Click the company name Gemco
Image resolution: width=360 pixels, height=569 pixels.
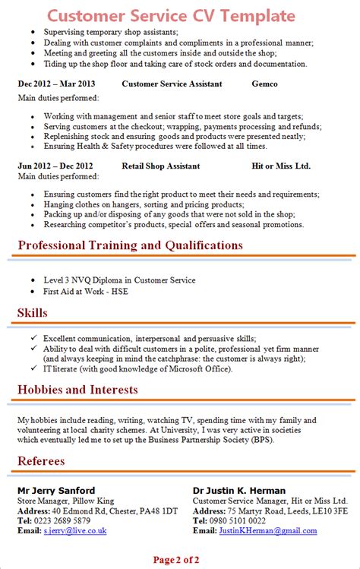[264, 84]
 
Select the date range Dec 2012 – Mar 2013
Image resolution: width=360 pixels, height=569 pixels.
[56, 84]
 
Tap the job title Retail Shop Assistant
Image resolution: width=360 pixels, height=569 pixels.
[160, 166]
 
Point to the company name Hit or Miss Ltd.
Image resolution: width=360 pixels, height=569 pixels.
[281, 166]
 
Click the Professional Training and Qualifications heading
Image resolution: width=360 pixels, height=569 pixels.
[130, 245]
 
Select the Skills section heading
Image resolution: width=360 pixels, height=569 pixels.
[32, 313]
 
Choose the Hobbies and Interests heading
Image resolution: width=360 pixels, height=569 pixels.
[77, 390]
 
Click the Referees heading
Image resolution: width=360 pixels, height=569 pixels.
[41, 460]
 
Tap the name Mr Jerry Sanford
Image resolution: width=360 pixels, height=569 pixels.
[56, 490]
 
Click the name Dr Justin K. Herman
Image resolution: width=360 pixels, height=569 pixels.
[238, 490]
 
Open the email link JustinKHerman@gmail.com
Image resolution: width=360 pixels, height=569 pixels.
[269, 530]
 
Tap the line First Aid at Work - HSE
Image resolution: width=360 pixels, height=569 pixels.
[85, 291]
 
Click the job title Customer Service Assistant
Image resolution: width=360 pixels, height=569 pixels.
[172, 84]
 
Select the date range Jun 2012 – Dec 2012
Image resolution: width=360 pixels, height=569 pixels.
[55, 166]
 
